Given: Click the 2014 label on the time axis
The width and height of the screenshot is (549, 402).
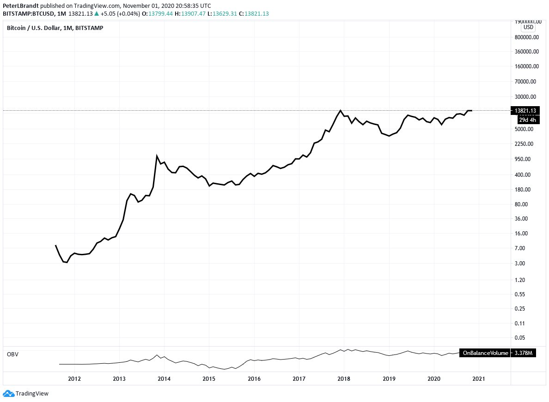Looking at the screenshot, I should [x=164, y=379].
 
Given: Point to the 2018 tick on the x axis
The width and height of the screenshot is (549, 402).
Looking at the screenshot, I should [x=344, y=379].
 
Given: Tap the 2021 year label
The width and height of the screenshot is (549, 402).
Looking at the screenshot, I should [x=479, y=379].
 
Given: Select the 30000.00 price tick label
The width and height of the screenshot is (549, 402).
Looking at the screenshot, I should [x=526, y=97].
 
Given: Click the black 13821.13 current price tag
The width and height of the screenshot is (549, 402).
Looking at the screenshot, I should [x=525, y=111].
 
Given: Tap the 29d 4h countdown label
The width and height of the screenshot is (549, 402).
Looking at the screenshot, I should [x=527, y=120].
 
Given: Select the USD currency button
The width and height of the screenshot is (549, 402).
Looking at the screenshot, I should [x=528, y=27].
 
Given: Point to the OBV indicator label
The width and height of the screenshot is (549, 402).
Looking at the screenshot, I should [x=12, y=354].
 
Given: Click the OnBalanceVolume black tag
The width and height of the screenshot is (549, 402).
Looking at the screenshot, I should [x=485, y=353].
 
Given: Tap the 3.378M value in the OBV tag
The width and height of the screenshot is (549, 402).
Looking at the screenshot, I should [x=524, y=353].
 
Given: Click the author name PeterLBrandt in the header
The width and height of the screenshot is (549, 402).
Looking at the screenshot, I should [x=20, y=6].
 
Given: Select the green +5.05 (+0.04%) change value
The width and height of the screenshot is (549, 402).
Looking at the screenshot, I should [x=114, y=14].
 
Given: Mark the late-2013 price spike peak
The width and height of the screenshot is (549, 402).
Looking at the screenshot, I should [x=157, y=156].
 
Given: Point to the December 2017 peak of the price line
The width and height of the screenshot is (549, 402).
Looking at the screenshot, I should [x=341, y=110].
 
